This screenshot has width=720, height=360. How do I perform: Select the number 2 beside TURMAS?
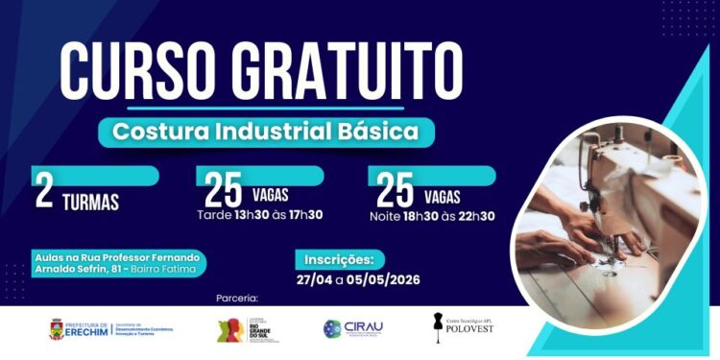tap(44, 191)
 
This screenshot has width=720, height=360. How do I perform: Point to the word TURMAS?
tap(91, 203)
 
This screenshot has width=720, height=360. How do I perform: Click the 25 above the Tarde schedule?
tap(223, 191)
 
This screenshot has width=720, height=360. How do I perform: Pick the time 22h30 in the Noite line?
tap(473, 215)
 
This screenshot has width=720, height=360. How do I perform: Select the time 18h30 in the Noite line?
tap(423, 215)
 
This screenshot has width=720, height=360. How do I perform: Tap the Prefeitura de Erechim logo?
tap(110, 328)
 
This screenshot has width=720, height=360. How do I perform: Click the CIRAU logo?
tap(353, 328)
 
